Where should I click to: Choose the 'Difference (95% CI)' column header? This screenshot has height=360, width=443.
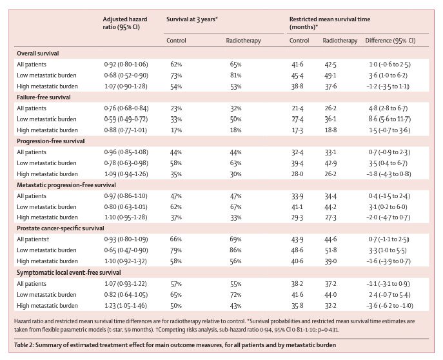(x=391, y=40)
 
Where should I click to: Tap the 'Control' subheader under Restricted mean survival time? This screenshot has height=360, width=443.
(x=299, y=40)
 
